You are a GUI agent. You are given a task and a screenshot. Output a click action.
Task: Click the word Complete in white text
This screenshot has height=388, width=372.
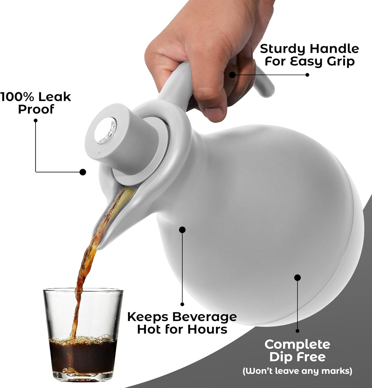297,345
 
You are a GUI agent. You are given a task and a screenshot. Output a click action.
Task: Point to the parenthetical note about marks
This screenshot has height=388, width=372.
297,371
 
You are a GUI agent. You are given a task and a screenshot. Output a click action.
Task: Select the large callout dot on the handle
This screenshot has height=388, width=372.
232,74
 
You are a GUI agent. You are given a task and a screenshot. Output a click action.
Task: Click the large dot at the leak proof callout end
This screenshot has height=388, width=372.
83,172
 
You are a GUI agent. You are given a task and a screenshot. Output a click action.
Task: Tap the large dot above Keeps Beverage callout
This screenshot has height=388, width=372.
182,230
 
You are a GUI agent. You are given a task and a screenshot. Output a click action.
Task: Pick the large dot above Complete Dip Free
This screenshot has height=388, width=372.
298,278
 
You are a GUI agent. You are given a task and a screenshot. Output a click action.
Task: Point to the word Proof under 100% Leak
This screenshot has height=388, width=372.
36,110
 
